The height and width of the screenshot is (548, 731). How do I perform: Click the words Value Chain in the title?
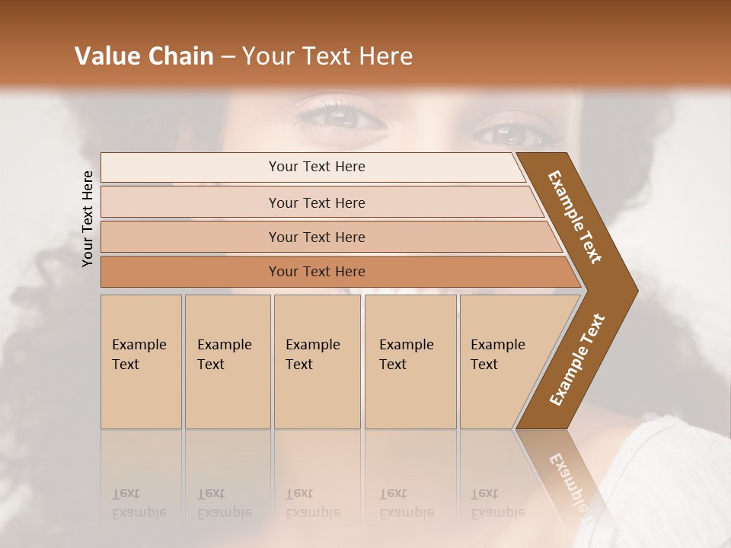pos(144,56)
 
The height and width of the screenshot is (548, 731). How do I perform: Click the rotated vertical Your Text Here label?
pos(88,218)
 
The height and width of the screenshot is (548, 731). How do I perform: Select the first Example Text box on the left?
pos(141,361)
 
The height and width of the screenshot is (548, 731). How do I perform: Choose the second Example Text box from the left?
pos(227,361)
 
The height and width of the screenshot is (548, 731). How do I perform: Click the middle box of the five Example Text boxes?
pos(317,361)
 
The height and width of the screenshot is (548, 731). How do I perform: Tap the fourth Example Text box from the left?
pos(410,361)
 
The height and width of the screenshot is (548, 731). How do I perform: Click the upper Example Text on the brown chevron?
pos(575,217)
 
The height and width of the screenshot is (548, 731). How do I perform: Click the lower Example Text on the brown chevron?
pos(577,359)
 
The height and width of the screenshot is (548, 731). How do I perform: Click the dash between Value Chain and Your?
pos(228,56)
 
